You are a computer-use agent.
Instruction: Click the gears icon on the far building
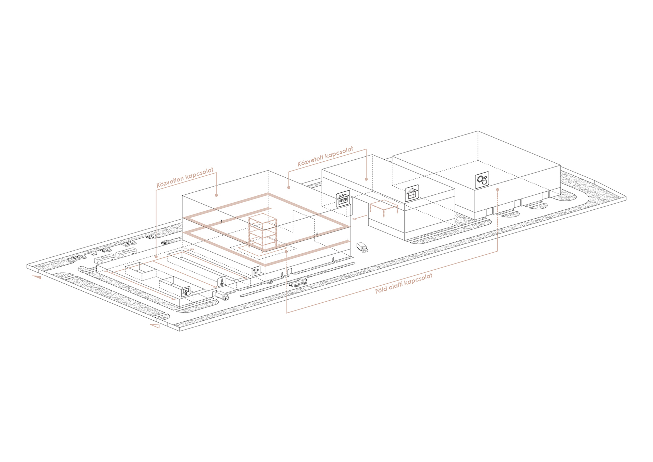click(x=482, y=180)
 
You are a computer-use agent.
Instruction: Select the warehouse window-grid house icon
click(x=412, y=193)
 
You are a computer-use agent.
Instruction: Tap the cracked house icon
click(x=343, y=199)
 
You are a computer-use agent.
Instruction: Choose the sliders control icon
click(x=256, y=270)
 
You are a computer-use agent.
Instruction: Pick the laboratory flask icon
click(x=222, y=281)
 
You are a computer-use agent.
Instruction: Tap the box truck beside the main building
click(x=362, y=247)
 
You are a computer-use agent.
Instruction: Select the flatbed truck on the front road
click(x=298, y=282)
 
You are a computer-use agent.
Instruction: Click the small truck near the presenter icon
click(x=222, y=296)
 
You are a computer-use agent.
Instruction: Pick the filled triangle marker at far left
click(x=37, y=277)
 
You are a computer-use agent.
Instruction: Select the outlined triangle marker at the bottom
click(x=154, y=326)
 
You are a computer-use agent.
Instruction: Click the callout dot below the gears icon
click(x=497, y=190)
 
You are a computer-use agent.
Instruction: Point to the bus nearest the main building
click(x=126, y=253)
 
